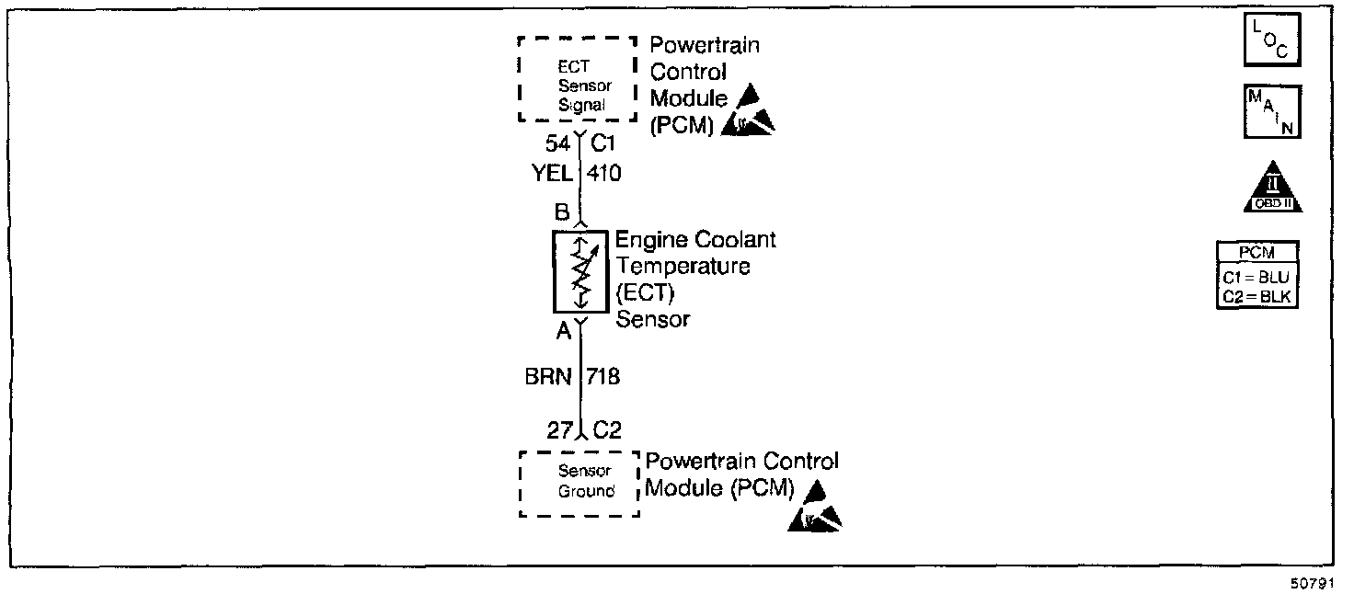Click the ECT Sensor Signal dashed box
[x=578, y=79]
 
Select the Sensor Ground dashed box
[x=579, y=483]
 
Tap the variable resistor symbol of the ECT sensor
[x=580, y=272]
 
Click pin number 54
[x=557, y=143]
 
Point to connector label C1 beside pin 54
[x=603, y=143]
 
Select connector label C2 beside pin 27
[x=606, y=429]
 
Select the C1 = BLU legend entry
[x=1258, y=277]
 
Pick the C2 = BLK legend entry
[x=1258, y=295]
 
